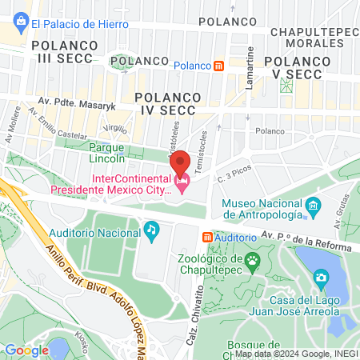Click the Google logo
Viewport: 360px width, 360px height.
[27, 350]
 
